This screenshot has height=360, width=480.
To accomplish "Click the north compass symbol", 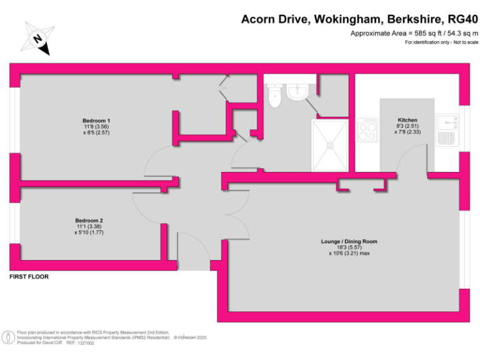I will click(38, 38).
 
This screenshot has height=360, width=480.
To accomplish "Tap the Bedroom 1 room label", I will click(96, 121).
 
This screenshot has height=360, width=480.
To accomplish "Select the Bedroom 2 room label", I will click(89, 221).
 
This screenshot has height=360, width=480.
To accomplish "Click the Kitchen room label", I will click(407, 120).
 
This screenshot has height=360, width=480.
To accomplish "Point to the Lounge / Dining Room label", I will click(349, 241).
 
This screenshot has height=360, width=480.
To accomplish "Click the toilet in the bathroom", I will click(274, 96).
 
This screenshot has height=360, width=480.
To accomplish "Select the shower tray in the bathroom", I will click(329, 144).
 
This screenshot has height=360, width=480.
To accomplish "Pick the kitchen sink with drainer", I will click(447, 131).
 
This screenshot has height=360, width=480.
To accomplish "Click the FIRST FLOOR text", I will click(29, 276).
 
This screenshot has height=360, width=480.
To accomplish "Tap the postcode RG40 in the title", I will click(459, 19).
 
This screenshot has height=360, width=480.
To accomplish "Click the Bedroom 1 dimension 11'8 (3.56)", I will click(96, 127).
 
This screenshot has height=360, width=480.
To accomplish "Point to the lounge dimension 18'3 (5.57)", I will click(349, 247).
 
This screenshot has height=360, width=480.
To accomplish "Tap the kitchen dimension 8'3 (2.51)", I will click(407, 126).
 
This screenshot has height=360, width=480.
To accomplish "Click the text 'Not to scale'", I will click(464, 42).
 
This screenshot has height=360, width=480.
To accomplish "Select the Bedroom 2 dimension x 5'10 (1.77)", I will click(89, 232).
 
